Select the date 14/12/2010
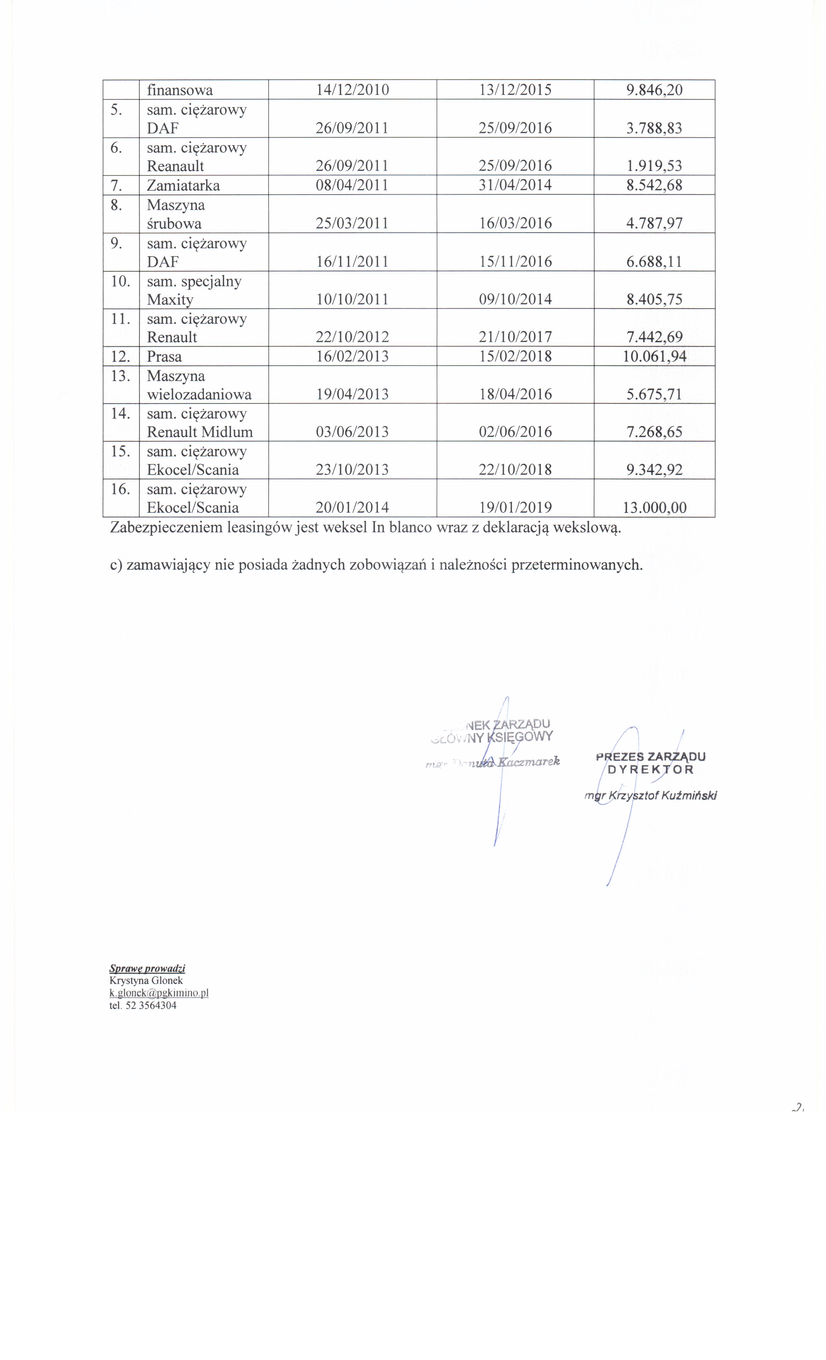(352, 90)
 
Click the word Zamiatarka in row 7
(183, 186)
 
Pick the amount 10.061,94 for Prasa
(654, 357)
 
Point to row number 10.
(120, 281)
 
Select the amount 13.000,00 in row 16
(654, 508)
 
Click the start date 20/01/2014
(352, 508)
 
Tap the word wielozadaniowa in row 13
(199, 395)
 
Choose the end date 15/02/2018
(515, 357)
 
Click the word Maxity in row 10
(170, 300)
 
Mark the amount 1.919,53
(654, 166)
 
